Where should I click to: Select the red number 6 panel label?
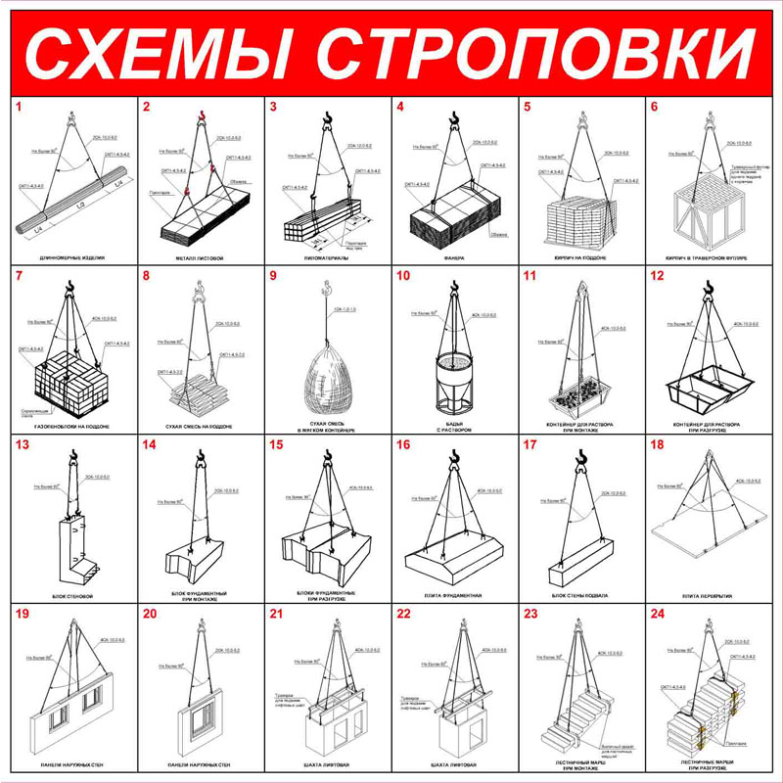coord(654,107)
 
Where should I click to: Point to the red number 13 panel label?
coord(22,445)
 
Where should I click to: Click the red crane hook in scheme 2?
coord(203,118)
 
